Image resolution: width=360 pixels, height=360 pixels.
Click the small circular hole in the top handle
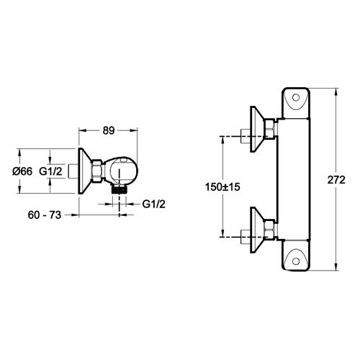tap(297, 99)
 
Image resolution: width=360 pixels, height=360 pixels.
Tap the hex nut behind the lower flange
tap(270, 228)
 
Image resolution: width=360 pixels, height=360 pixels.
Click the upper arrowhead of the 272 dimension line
tap(336, 91)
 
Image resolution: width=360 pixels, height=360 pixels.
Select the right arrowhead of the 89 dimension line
tap(134, 130)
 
